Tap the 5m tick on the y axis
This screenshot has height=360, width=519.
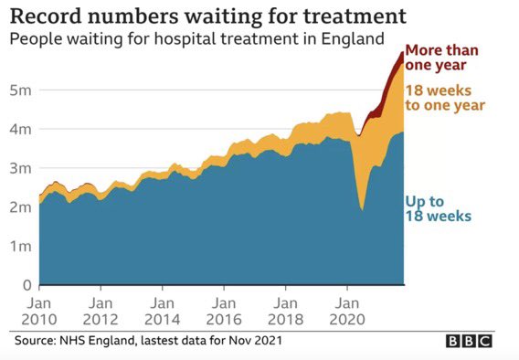pos(20,90)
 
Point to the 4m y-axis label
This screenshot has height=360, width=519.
pos(20,130)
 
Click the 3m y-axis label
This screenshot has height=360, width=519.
pos(20,169)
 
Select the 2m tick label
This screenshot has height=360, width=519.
pos(20,207)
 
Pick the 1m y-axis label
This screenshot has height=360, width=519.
pos(20,247)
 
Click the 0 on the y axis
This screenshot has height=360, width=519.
pos(26,285)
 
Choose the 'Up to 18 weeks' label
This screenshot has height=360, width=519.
pos(439,207)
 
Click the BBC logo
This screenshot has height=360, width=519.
pos(469,341)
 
